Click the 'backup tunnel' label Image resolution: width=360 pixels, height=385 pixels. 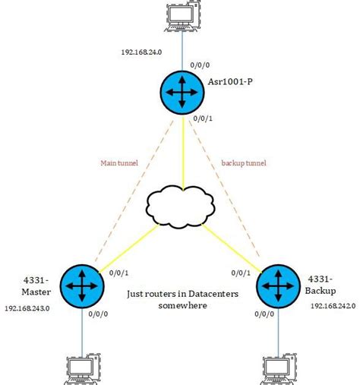pyautogui.click(x=245, y=163)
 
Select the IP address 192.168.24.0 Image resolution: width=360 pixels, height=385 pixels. pyautogui.click(x=141, y=52)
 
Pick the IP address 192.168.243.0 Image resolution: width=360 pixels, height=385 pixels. pyautogui.click(x=27, y=309)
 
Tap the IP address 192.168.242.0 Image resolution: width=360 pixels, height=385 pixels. pyautogui.click(x=331, y=305)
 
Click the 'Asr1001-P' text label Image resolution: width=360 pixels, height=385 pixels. pyautogui.click(x=231, y=80)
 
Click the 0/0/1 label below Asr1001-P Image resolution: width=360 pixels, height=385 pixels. pyautogui.click(x=204, y=118)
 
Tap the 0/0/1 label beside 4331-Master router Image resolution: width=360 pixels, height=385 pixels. pyautogui.click(x=119, y=273)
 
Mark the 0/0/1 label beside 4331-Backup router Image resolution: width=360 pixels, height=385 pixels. pyautogui.click(x=241, y=273)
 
